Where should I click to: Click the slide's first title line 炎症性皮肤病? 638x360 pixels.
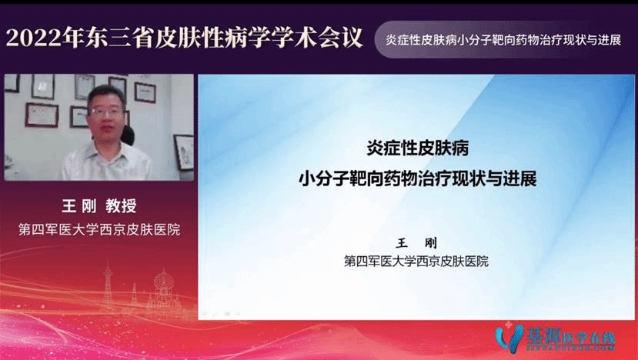(x=416, y=146)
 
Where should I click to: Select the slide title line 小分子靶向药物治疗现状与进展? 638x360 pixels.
(x=416, y=179)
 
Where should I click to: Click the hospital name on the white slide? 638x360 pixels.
(x=416, y=262)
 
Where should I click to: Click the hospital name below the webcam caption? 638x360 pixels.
(x=99, y=229)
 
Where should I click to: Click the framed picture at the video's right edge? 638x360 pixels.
(x=183, y=147)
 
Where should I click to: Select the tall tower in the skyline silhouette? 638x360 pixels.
(x=107, y=285)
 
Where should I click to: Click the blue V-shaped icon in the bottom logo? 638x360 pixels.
(x=508, y=337)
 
